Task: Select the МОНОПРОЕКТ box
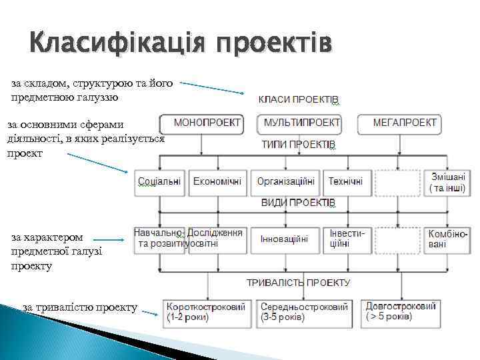[x=201, y=123]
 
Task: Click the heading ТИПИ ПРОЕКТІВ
[x=298, y=145]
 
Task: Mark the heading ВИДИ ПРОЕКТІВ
[x=298, y=202]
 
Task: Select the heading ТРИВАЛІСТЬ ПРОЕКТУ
[x=298, y=283]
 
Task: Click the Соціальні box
[x=159, y=182]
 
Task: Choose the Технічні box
[x=346, y=182]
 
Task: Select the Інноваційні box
[x=285, y=239]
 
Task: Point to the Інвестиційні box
[x=347, y=239]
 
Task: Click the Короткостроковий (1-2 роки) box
[x=207, y=311]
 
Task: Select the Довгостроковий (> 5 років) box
[x=401, y=311]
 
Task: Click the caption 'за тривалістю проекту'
[x=80, y=307]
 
